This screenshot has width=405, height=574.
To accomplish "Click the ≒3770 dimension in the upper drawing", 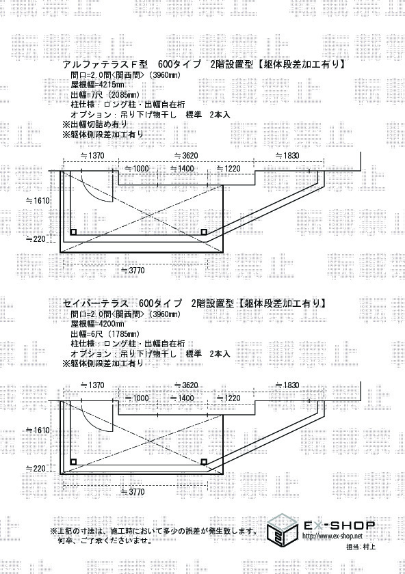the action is [x=133, y=271].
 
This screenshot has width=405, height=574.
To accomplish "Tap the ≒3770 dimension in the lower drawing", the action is [x=133, y=491].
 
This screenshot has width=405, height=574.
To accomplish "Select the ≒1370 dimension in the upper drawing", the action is [x=92, y=156].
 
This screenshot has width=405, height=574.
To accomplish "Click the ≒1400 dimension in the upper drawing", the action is [x=182, y=169].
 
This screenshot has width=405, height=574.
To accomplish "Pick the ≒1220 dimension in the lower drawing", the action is [x=228, y=398].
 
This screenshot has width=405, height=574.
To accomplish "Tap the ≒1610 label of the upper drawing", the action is [x=38, y=201].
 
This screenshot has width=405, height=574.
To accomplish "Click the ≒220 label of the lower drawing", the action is [x=36, y=469].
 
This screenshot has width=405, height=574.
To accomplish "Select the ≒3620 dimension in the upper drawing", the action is [x=186, y=156].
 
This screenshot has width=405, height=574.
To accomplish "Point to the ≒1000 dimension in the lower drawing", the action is [x=137, y=398].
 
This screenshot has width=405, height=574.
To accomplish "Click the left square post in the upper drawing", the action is [x=73, y=232].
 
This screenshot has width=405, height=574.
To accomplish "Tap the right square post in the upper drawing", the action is [x=204, y=232].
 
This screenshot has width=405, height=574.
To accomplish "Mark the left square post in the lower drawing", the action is [x=73, y=462].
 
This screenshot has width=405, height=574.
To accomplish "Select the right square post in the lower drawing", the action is [x=204, y=462].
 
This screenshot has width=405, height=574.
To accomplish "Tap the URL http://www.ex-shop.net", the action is [x=332, y=536].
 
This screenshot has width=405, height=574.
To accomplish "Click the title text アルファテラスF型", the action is [x=105, y=64].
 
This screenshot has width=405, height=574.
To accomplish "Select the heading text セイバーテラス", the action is [x=95, y=303].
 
